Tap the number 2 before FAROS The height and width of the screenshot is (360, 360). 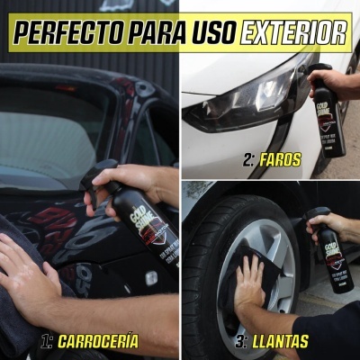pos(248,161)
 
